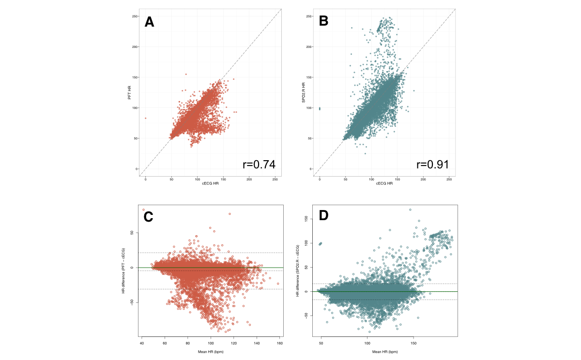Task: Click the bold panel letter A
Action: click(150, 22)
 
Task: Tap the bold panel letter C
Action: click(149, 217)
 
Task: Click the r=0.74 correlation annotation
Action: click(259, 165)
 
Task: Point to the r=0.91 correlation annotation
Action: click(432, 165)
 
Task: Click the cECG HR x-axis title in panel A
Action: click(210, 183)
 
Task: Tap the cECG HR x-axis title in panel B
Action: click(384, 183)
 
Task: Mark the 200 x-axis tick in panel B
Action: click(423, 179)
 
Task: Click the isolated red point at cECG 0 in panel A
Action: click(145, 118)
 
